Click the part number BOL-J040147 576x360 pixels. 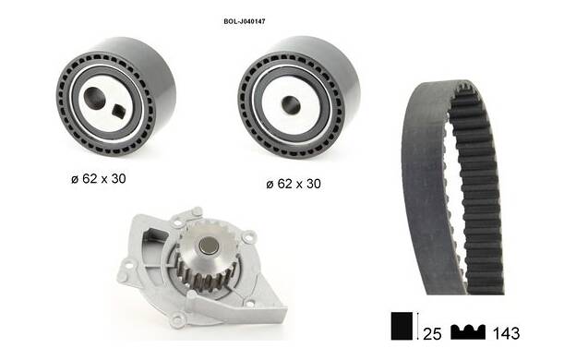click(x=245, y=21)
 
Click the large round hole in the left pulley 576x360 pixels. click(x=95, y=97)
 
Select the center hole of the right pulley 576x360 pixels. click(x=291, y=104)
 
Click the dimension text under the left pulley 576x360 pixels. click(x=99, y=178)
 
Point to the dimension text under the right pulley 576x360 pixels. click(x=294, y=184)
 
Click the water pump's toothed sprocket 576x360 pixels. click(x=206, y=258)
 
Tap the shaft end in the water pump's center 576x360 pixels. click(x=209, y=245)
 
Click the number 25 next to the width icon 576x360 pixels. click(x=432, y=333)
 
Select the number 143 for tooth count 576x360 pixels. click(x=506, y=333)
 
